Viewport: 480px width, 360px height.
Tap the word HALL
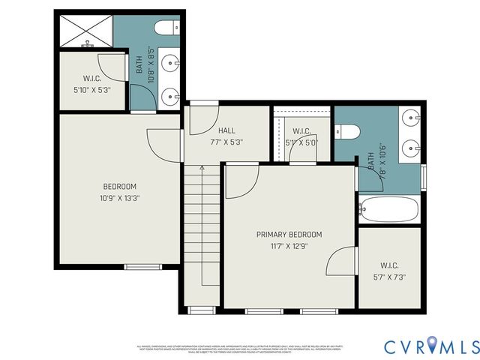coord(226,130)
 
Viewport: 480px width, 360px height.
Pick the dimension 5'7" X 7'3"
coord(388,277)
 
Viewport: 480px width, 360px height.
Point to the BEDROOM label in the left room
coord(119,187)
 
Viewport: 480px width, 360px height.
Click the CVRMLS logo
coord(431,346)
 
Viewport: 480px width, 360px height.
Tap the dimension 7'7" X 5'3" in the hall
coord(226,142)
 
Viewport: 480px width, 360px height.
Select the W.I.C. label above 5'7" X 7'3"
coord(389,265)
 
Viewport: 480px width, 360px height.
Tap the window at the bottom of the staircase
coord(200,310)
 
